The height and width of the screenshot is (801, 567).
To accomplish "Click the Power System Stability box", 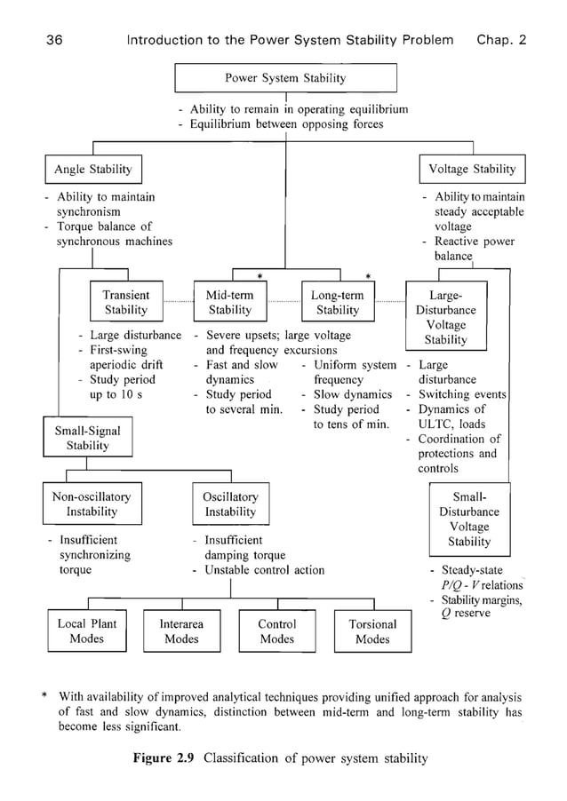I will (284, 78).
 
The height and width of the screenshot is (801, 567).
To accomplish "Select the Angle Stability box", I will (92, 170).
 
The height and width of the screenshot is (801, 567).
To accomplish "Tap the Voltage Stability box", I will (471, 170).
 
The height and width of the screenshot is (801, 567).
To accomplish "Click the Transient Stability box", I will (126, 303).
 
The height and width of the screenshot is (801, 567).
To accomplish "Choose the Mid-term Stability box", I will (230, 303).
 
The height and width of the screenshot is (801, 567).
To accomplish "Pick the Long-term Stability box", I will (338, 303).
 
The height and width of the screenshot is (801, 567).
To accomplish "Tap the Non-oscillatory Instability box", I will (92, 504).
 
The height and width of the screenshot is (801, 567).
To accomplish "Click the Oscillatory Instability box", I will (230, 504).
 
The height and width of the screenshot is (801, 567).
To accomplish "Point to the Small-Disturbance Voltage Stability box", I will (469, 519).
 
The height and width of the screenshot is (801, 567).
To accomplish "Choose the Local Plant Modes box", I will (86, 630).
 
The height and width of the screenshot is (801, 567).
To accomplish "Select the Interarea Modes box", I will (181, 631).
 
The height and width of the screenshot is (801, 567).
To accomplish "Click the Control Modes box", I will (276, 631).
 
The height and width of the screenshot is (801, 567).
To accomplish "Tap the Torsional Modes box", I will (372, 631).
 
